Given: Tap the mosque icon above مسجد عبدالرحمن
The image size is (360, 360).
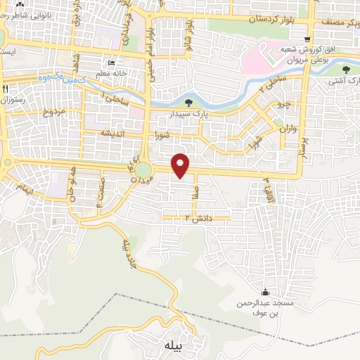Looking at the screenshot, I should [265, 292].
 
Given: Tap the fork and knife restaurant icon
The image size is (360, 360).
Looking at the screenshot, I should [6, 89].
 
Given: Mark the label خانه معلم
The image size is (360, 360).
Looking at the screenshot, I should [112, 74].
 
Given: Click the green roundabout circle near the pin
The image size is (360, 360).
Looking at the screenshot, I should [143, 169].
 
